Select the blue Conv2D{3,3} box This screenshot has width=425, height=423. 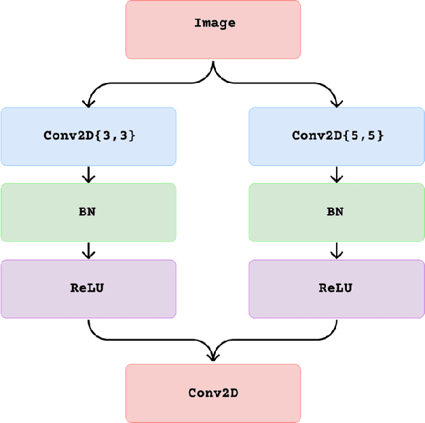click(x=88, y=136)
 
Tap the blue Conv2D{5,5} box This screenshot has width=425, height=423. click(x=337, y=136)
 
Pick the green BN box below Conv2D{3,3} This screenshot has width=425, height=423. click(x=88, y=211)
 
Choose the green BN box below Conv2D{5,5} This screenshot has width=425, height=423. click(x=337, y=211)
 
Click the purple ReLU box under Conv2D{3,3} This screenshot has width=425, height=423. click(x=88, y=288)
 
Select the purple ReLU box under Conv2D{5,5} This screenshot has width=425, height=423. click(x=337, y=288)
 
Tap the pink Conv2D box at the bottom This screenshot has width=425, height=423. click(x=213, y=392)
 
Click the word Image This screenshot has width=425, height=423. click(x=215, y=23)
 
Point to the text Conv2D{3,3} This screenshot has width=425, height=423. click(x=89, y=135)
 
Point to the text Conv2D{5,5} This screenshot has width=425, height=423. click(x=337, y=135)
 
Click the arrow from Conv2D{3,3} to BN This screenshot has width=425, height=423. click(x=88, y=174)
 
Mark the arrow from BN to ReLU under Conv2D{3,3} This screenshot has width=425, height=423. click(x=88, y=250)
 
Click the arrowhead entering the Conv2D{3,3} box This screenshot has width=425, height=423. click(x=88, y=103)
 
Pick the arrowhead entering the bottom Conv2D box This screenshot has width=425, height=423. click(x=213, y=356)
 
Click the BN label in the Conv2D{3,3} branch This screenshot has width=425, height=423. click(x=88, y=211)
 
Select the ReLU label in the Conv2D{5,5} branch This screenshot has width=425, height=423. click(x=335, y=288)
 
